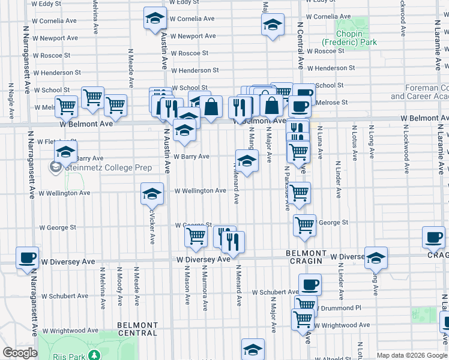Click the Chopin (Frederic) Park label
(349, 38)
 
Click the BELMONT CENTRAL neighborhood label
(137, 329)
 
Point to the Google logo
(20, 353)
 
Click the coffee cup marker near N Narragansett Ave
(27, 258)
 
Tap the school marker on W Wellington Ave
(152, 194)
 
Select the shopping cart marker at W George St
(304, 226)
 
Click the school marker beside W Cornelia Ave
(155, 19)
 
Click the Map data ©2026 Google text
(412, 355)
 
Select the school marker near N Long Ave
(376, 258)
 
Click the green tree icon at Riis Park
(94, 355)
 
